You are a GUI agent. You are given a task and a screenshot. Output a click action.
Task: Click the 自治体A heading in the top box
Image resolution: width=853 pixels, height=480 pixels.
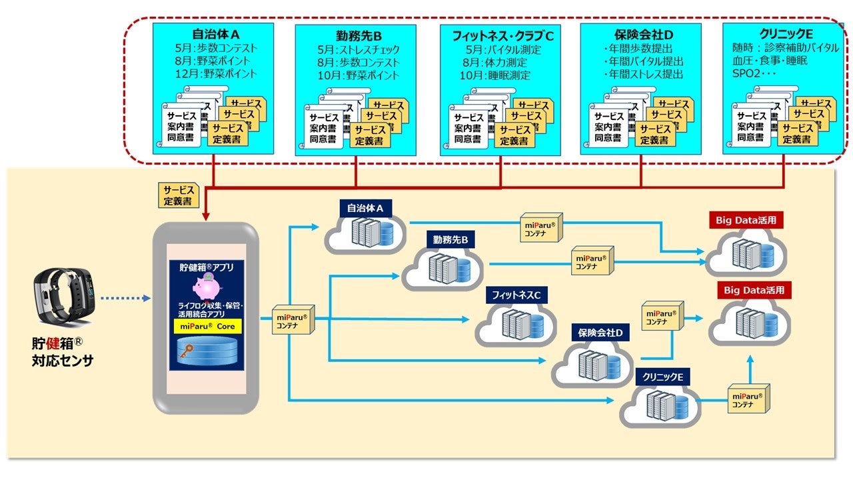212,34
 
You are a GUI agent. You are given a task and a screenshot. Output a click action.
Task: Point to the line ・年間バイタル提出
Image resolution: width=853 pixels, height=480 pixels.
640,61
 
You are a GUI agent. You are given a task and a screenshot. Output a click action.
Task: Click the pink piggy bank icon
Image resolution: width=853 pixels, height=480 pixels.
207,289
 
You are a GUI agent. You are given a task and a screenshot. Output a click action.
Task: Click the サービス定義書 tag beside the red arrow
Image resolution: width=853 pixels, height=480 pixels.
179,195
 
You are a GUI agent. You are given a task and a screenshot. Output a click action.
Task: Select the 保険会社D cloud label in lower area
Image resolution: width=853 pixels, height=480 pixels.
600,331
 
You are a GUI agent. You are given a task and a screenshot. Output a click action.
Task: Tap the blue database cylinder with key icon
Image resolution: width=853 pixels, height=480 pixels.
206,353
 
